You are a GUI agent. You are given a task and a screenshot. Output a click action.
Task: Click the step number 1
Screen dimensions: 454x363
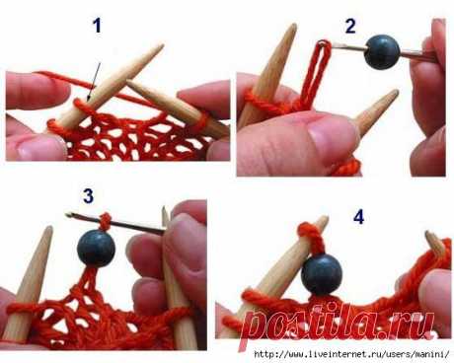[97, 26]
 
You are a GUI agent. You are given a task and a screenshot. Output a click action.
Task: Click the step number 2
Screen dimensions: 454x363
[350, 26]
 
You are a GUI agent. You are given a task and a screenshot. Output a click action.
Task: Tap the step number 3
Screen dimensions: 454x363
[88, 196]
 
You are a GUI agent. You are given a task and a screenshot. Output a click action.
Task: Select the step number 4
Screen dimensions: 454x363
[358, 217]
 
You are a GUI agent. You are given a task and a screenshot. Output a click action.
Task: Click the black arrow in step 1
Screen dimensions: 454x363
[94, 82]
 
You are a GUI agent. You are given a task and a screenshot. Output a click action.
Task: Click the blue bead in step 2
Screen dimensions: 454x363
[382, 52]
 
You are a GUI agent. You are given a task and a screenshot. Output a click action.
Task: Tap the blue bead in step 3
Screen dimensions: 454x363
[96, 249]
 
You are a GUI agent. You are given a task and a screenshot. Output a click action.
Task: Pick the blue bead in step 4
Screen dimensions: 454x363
[322, 274]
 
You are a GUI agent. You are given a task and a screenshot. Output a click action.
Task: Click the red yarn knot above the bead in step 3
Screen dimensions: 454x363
[105, 221]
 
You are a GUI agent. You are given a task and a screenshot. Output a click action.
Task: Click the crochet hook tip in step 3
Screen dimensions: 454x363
[69, 215]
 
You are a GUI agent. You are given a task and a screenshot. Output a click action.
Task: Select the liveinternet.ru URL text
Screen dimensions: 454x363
[351, 354]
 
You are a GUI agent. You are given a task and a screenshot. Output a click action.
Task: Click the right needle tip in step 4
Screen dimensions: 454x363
[428, 233]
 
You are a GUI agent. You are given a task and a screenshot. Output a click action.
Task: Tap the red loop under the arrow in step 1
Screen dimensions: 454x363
[82, 106]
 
